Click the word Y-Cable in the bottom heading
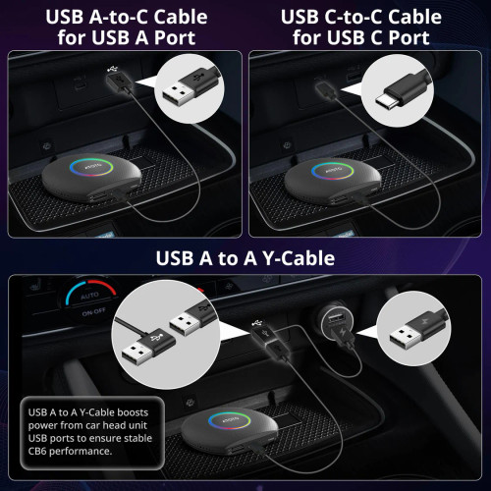(x=299, y=259)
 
